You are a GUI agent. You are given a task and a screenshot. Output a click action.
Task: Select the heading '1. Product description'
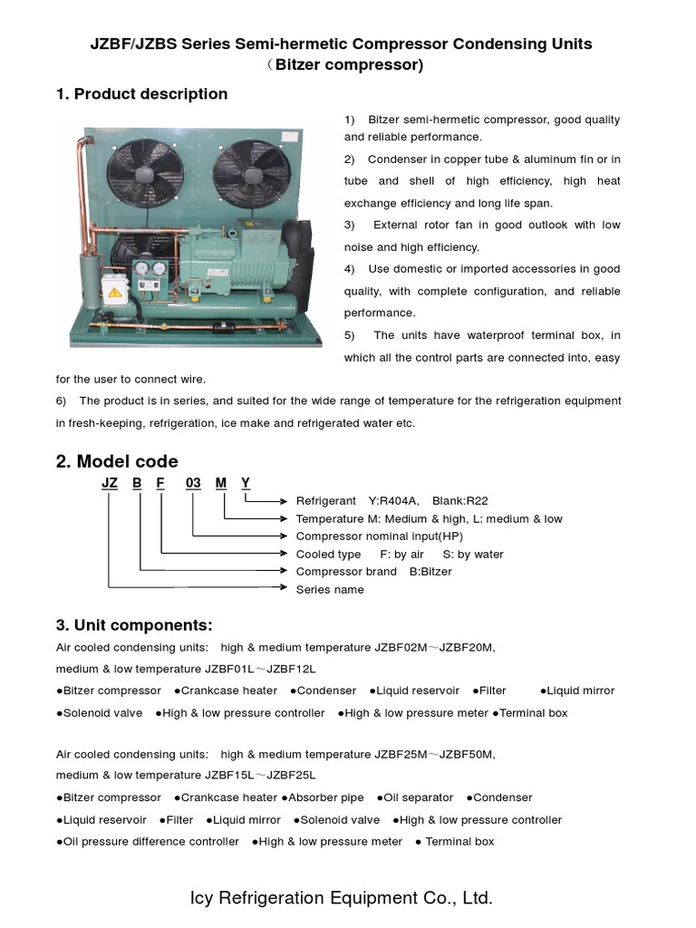click(x=141, y=94)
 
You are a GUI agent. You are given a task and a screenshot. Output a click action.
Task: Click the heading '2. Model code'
click(x=117, y=461)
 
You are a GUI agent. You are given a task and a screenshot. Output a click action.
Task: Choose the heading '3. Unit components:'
click(x=134, y=625)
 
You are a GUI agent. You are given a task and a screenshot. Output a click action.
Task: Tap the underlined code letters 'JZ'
click(x=110, y=483)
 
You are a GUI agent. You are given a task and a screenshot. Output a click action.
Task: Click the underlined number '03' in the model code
click(x=193, y=483)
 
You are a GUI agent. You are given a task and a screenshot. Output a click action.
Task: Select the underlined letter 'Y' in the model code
click(x=246, y=483)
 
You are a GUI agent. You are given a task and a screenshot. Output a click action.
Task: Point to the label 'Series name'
click(x=330, y=590)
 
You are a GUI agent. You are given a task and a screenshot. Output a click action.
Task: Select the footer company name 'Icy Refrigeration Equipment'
click(x=314, y=898)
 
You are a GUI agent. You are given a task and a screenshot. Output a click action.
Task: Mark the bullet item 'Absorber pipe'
click(x=325, y=797)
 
